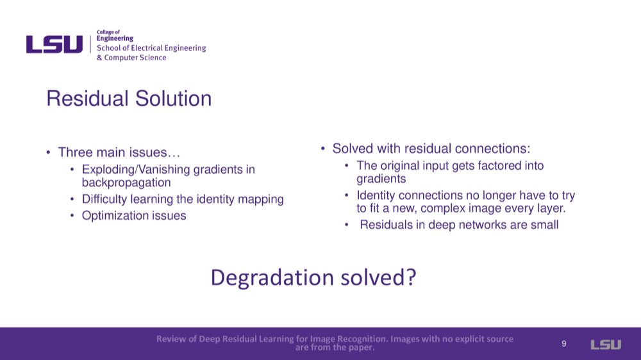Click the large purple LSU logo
pyautogui.click(x=54, y=44)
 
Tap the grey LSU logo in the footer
pyautogui.click(x=606, y=345)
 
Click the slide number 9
pyautogui.click(x=563, y=343)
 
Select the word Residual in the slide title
pyautogui.click(x=87, y=99)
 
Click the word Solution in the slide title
pyautogui.click(x=173, y=99)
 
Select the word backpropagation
pyautogui.click(x=126, y=183)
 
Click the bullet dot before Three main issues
pyautogui.click(x=48, y=153)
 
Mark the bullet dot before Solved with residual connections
pyautogui.click(x=323, y=149)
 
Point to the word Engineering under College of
pyautogui.click(x=115, y=38)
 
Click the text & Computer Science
pyautogui.click(x=131, y=58)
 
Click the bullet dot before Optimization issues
pyautogui.click(x=72, y=216)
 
